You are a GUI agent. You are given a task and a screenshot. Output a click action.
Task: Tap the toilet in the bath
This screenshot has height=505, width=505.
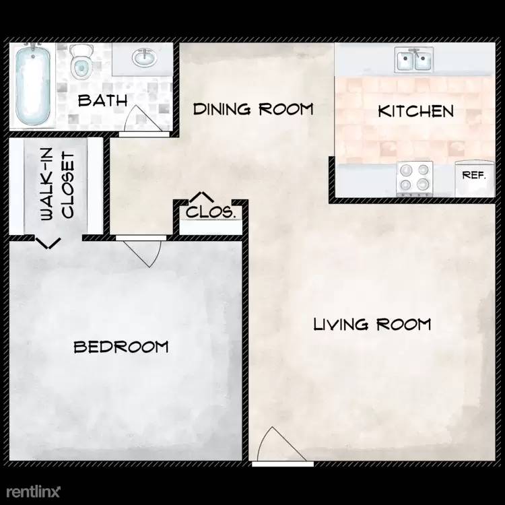[81, 61]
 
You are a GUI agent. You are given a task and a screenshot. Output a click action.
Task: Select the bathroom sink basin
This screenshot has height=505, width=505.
[144, 58]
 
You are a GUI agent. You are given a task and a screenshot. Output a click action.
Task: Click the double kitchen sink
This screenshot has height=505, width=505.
[414, 60]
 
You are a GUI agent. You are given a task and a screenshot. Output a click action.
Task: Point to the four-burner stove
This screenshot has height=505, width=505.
[415, 178]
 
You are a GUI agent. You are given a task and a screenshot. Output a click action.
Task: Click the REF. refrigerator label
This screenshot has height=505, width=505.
[474, 175]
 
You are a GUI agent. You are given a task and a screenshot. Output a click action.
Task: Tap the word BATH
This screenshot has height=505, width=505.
[103, 100]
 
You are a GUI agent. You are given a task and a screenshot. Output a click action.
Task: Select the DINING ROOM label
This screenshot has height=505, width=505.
[253, 109]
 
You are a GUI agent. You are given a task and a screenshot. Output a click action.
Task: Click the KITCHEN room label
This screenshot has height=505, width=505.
[416, 111]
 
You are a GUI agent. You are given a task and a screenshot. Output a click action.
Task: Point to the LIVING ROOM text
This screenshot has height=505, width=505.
[372, 324]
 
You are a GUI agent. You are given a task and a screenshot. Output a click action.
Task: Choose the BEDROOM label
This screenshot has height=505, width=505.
[121, 347]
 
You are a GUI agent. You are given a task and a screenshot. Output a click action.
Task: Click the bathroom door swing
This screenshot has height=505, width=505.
[142, 119]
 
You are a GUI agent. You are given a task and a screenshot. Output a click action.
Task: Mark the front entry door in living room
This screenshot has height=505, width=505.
[279, 444]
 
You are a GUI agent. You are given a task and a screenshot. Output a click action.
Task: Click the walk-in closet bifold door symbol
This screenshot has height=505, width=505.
[48, 243]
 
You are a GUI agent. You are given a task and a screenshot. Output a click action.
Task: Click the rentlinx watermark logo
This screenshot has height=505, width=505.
[33, 492]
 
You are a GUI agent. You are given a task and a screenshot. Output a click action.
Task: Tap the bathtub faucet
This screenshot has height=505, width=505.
[33, 48]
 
